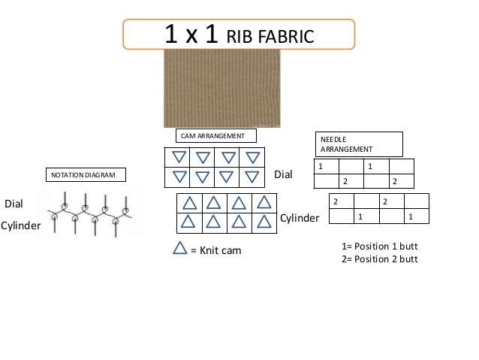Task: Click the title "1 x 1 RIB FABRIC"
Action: point(239,35)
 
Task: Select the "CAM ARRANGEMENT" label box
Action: point(216,136)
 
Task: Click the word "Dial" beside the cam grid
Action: point(283,174)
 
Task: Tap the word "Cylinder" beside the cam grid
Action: point(300,218)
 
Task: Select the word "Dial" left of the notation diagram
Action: point(15,204)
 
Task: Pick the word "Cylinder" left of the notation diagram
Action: point(20,225)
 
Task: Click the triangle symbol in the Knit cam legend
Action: point(180,248)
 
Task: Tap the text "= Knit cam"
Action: point(216,250)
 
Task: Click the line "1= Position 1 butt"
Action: point(378,247)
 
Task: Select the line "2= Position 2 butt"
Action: point(378,259)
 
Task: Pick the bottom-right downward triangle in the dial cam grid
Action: point(253,177)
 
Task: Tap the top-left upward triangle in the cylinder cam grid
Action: point(189,203)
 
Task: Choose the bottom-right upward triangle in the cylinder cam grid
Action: point(264,222)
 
